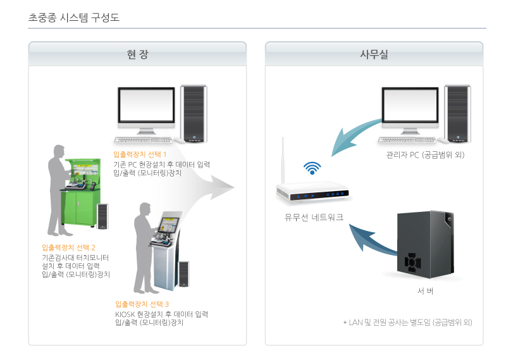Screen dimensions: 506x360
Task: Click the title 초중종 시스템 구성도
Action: [x=74, y=17]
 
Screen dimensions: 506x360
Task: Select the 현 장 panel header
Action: [x=137, y=54]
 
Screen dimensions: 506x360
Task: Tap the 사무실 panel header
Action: [x=374, y=54]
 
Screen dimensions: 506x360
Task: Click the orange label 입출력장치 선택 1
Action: [x=140, y=154]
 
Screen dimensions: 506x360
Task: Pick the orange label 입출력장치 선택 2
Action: [x=68, y=247]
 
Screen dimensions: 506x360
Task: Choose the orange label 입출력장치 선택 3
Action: [x=142, y=304]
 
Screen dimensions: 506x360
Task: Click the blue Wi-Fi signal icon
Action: [x=312, y=168]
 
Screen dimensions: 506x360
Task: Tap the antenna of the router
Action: [x=283, y=161]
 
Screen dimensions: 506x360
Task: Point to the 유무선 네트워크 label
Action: [x=314, y=217]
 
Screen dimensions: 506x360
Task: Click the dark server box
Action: [x=426, y=244]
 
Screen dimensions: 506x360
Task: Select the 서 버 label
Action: [x=425, y=291]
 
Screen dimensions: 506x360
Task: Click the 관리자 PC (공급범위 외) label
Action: [x=425, y=155]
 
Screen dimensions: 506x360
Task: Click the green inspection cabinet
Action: [x=80, y=193]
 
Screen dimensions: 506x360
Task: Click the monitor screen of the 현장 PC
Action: [x=146, y=104]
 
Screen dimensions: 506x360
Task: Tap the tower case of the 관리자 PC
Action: [x=457, y=114]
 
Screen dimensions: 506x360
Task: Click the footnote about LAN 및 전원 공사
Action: [x=407, y=322]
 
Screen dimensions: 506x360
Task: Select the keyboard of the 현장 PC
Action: [x=144, y=140]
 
